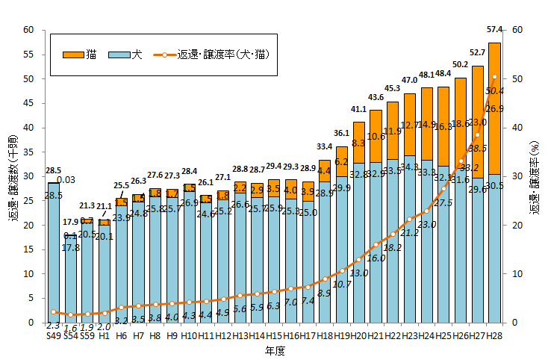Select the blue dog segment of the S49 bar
53,254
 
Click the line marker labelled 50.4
493,77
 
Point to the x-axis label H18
324,336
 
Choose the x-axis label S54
71,336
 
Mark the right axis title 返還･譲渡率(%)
535,176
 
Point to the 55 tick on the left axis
29,55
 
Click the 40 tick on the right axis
515,128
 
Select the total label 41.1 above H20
359,109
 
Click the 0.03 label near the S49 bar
66,179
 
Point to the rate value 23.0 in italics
426,224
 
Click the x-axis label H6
121,336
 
